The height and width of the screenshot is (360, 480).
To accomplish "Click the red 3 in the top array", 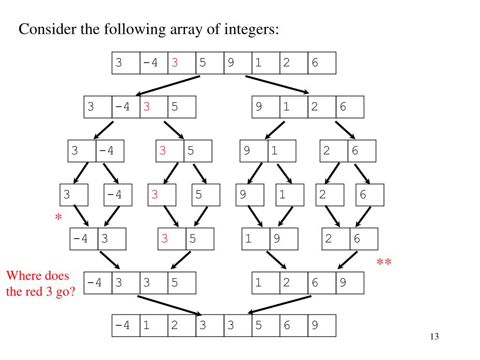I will (175, 63).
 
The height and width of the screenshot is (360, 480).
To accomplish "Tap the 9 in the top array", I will (231, 63).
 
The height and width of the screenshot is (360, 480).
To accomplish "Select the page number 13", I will (434, 337).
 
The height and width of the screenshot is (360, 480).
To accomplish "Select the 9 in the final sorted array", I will (315, 325).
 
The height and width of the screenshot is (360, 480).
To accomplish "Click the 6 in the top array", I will (315, 63).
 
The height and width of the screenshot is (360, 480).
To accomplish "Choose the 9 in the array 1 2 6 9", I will (343, 283).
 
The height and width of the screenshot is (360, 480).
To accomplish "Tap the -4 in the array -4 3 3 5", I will (95, 283).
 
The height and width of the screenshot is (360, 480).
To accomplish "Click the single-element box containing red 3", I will (162, 195).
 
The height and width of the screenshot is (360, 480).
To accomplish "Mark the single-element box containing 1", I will (290, 195).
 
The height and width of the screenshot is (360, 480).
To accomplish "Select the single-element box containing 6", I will (369, 195).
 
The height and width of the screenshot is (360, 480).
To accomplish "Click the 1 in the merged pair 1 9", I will (248, 239).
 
